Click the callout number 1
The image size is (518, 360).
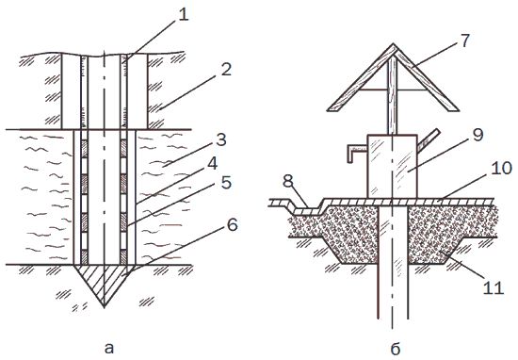183,15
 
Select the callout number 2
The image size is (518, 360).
226,70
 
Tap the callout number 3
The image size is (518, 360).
221,139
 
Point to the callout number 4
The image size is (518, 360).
212,163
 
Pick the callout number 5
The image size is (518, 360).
226,183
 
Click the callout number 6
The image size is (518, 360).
232,225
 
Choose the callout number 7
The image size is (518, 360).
464,41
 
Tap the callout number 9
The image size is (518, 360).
478,135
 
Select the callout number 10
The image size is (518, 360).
501,168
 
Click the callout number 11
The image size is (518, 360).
494,287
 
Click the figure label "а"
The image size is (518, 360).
108,348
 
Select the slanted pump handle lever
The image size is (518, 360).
429,140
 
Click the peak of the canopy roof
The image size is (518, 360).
393,44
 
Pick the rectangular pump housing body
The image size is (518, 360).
393,166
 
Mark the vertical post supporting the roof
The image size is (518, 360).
393,95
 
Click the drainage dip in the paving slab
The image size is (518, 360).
305,210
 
